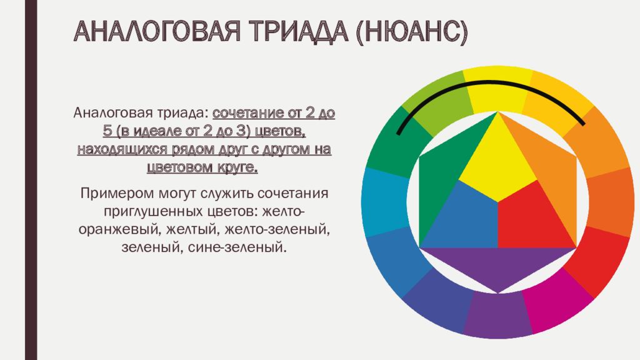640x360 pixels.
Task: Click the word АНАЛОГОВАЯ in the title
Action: (x=157, y=31)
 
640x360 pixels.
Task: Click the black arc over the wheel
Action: (x=490, y=82)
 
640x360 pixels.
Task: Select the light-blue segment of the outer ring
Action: (x=384, y=202)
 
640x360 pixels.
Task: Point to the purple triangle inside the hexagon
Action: (x=498, y=265)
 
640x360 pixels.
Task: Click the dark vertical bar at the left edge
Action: (x=31, y=180)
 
